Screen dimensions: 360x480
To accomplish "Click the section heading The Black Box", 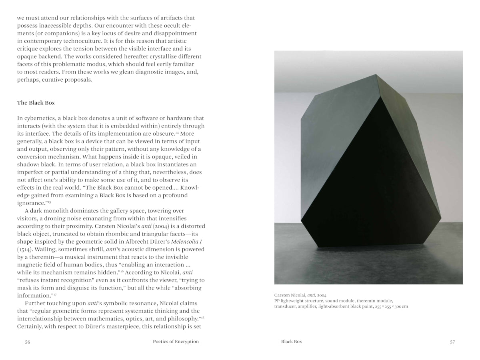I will (x=36, y=103).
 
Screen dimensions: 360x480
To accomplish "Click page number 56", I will (x=28, y=342).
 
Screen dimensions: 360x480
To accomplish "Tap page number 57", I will (x=452, y=342).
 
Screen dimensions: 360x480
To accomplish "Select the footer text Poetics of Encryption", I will (x=176, y=342).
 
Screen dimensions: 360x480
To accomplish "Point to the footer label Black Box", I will (x=291, y=342).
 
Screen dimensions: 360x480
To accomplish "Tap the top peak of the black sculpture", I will (x=376, y=75).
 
